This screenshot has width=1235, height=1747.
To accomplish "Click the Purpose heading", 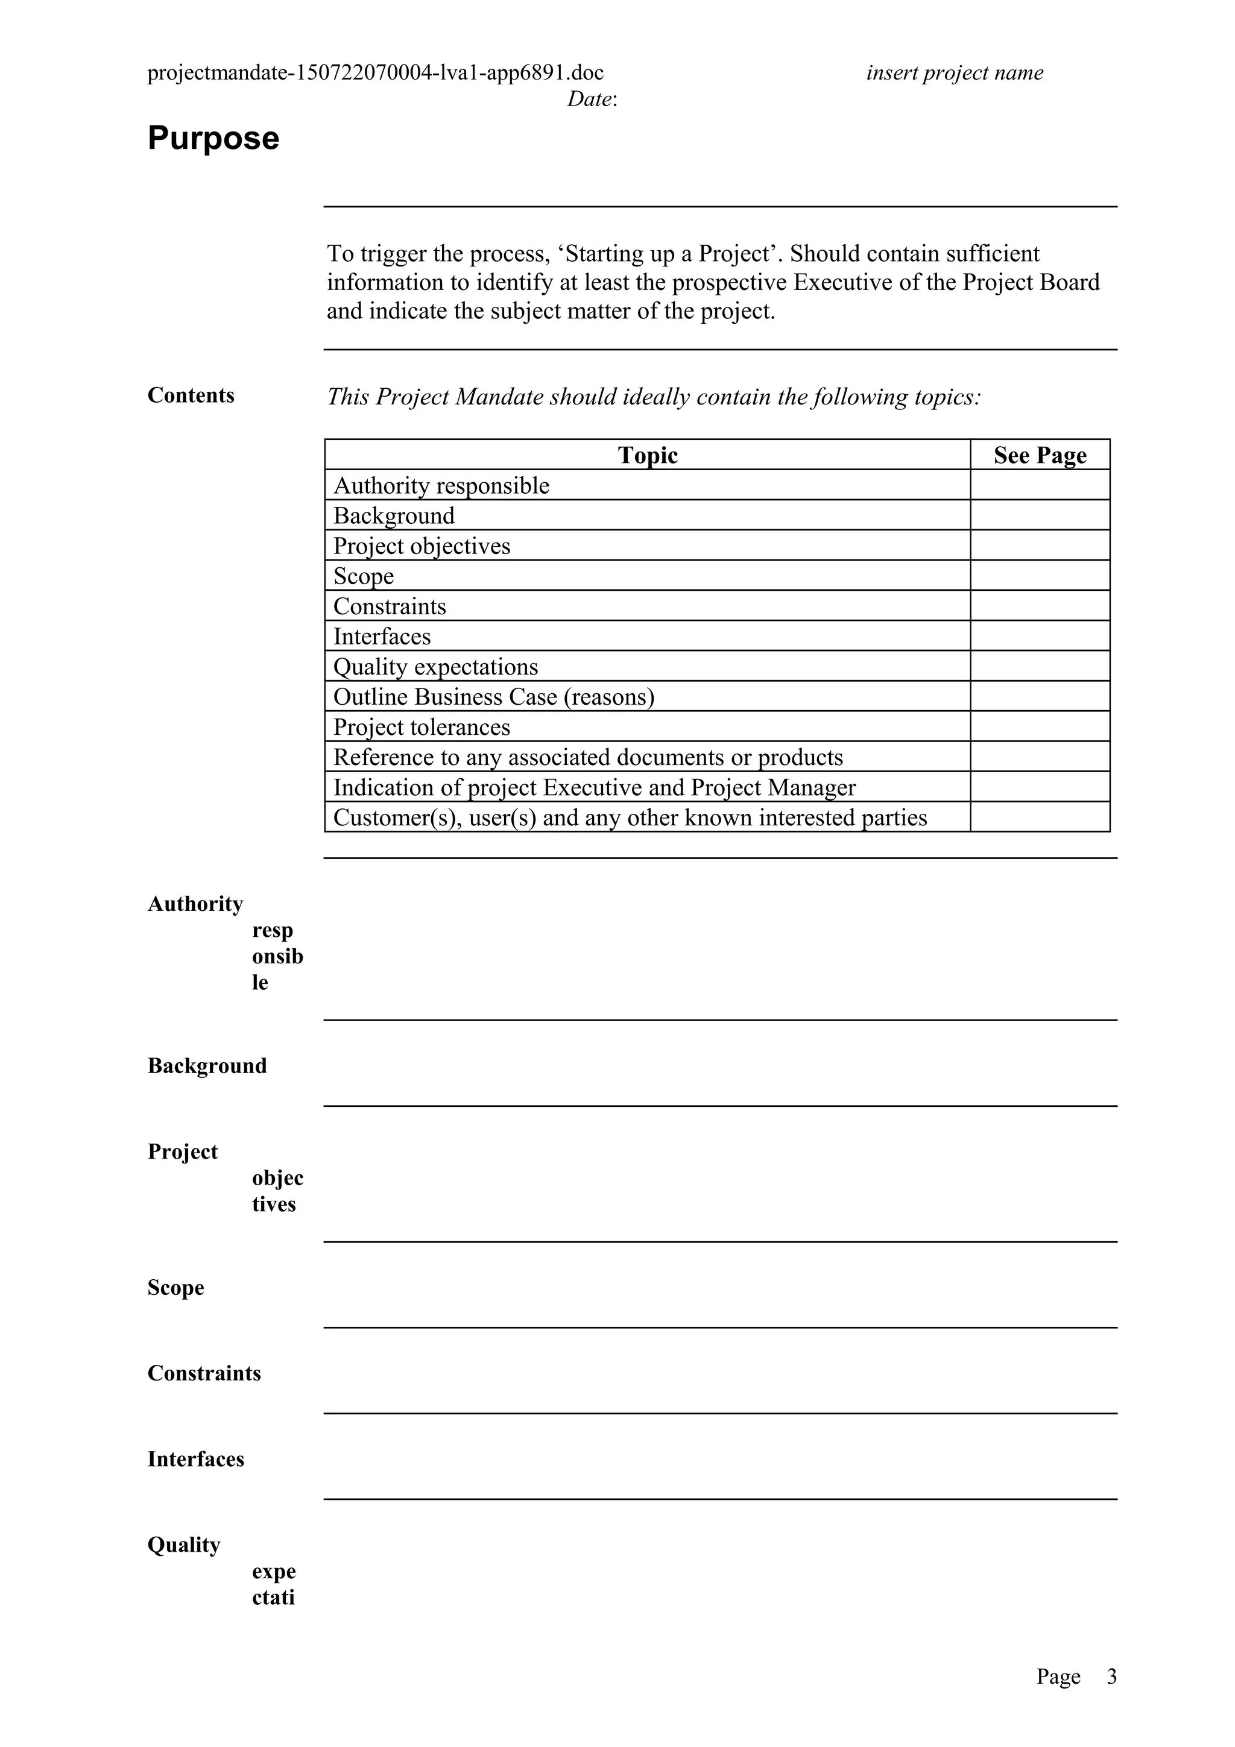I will (213, 139).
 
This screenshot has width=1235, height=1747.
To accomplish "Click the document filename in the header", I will (375, 73).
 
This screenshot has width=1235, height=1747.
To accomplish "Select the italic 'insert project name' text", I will (954, 73).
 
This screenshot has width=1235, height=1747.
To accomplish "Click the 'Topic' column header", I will (647, 455).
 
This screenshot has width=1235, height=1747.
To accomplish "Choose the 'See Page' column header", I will (1040, 455).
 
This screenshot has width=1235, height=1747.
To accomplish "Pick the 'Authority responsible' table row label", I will (441, 485).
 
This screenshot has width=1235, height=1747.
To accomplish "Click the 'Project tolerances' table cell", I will (422, 726).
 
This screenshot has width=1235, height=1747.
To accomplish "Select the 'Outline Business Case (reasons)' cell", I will (494, 697).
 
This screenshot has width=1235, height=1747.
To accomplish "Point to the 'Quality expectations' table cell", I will (435, 667).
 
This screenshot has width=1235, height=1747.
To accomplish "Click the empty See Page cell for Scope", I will (1040, 575).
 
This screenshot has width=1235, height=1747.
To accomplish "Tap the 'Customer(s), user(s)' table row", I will (630, 817).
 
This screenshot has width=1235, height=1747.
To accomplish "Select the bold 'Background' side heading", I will (207, 1065).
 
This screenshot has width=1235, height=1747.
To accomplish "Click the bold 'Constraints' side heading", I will (204, 1373).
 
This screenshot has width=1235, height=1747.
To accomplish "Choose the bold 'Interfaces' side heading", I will (195, 1459).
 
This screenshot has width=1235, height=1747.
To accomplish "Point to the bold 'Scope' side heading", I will (175, 1288).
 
